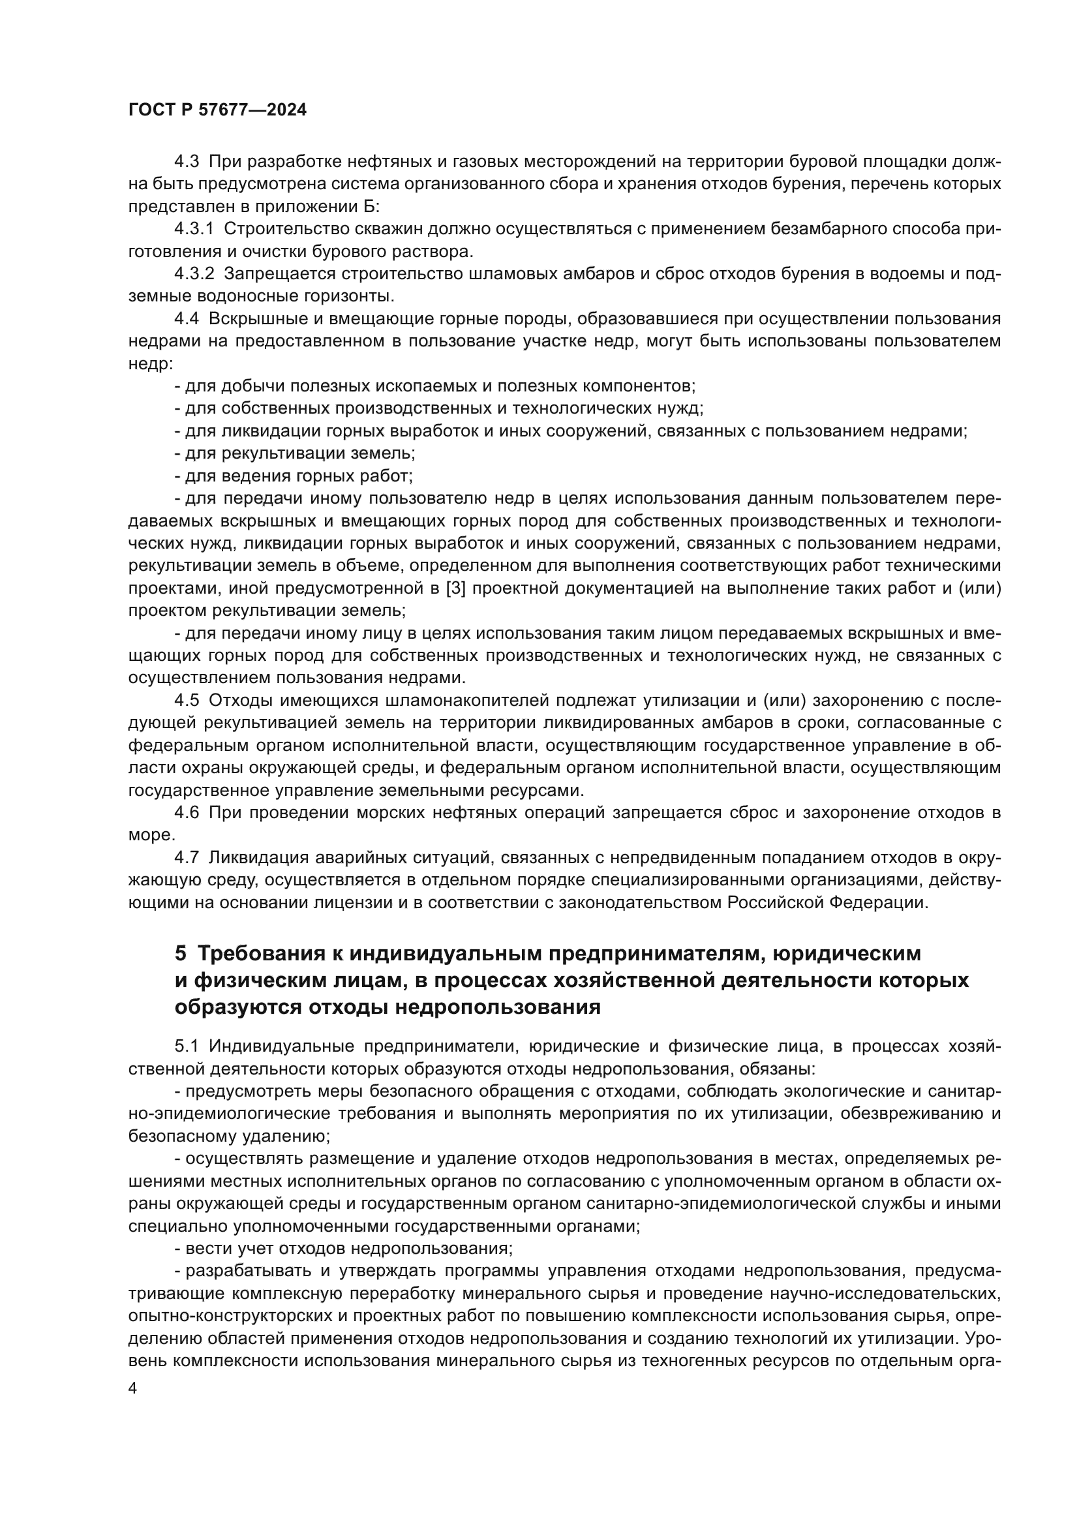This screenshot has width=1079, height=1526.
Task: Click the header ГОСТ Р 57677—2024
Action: point(217,110)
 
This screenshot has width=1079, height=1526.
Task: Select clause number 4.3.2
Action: point(194,274)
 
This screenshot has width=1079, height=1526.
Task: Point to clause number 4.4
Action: point(186,318)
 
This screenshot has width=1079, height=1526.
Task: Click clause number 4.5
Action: point(186,701)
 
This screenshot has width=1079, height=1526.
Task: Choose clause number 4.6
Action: point(186,812)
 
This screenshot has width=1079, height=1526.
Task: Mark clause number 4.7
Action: point(186,857)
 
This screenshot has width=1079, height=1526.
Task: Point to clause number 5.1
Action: point(186,1045)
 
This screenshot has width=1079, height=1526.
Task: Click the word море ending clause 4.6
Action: point(150,835)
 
